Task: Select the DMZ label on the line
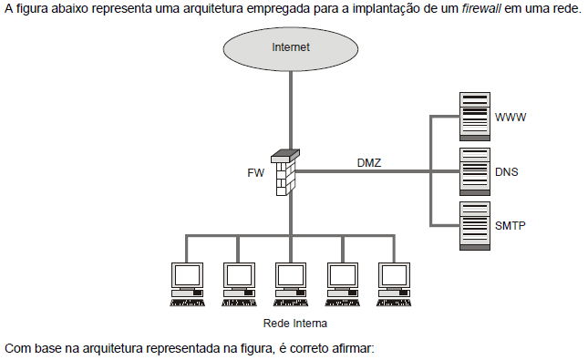pos(369,163)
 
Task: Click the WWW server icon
pos(473,116)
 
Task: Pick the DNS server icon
pos(473,170)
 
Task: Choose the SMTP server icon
pos(473,225)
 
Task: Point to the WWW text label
pos(511,118)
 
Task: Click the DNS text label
pos(507,171)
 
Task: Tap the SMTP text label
pos(511,225)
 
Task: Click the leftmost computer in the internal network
pos(187,284)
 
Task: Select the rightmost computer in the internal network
pos(394,284)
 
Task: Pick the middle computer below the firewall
pos(290,284)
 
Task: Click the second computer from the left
pos(239,284)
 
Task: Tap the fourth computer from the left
pos(342,284)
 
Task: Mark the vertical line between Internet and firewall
pos(290,109)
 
